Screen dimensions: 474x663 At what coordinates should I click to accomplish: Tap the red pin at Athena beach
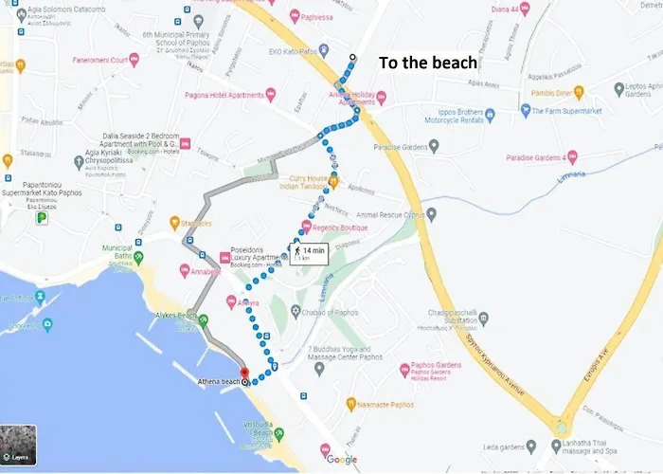tap(242, 373)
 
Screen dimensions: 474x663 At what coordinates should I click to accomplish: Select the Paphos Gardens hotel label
tap(436, 370)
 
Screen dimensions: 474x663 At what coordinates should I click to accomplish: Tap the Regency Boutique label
tap(339, 227)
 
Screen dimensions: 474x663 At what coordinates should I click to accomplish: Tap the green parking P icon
tap(41, 218)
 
